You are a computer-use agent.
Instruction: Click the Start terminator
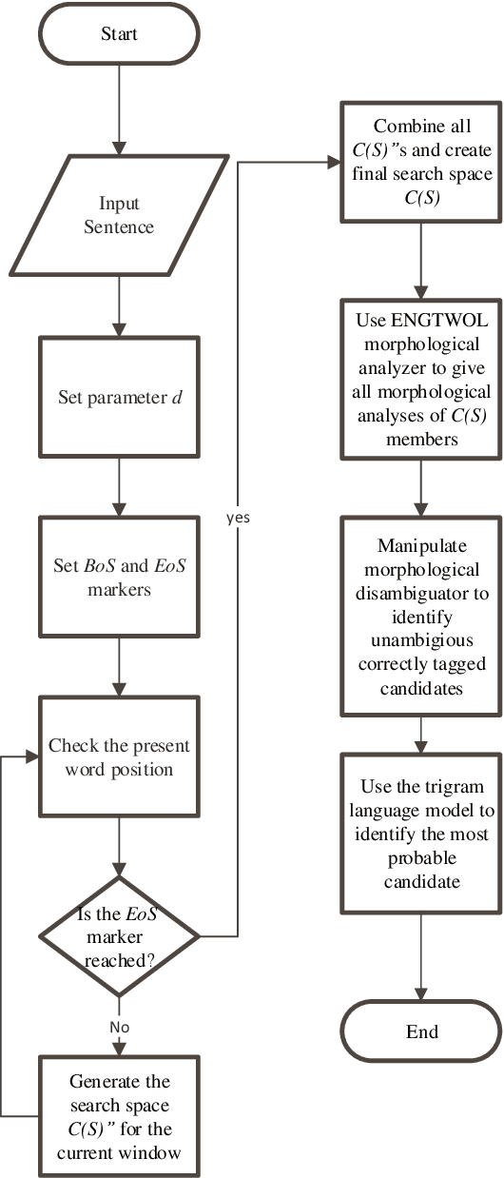[119, 34]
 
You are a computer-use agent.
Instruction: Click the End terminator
[422, 1032]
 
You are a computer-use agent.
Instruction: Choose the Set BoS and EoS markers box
[119, 578]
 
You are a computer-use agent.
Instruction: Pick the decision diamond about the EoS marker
[119, 936]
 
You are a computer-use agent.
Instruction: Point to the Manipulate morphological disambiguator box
[422, 616]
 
